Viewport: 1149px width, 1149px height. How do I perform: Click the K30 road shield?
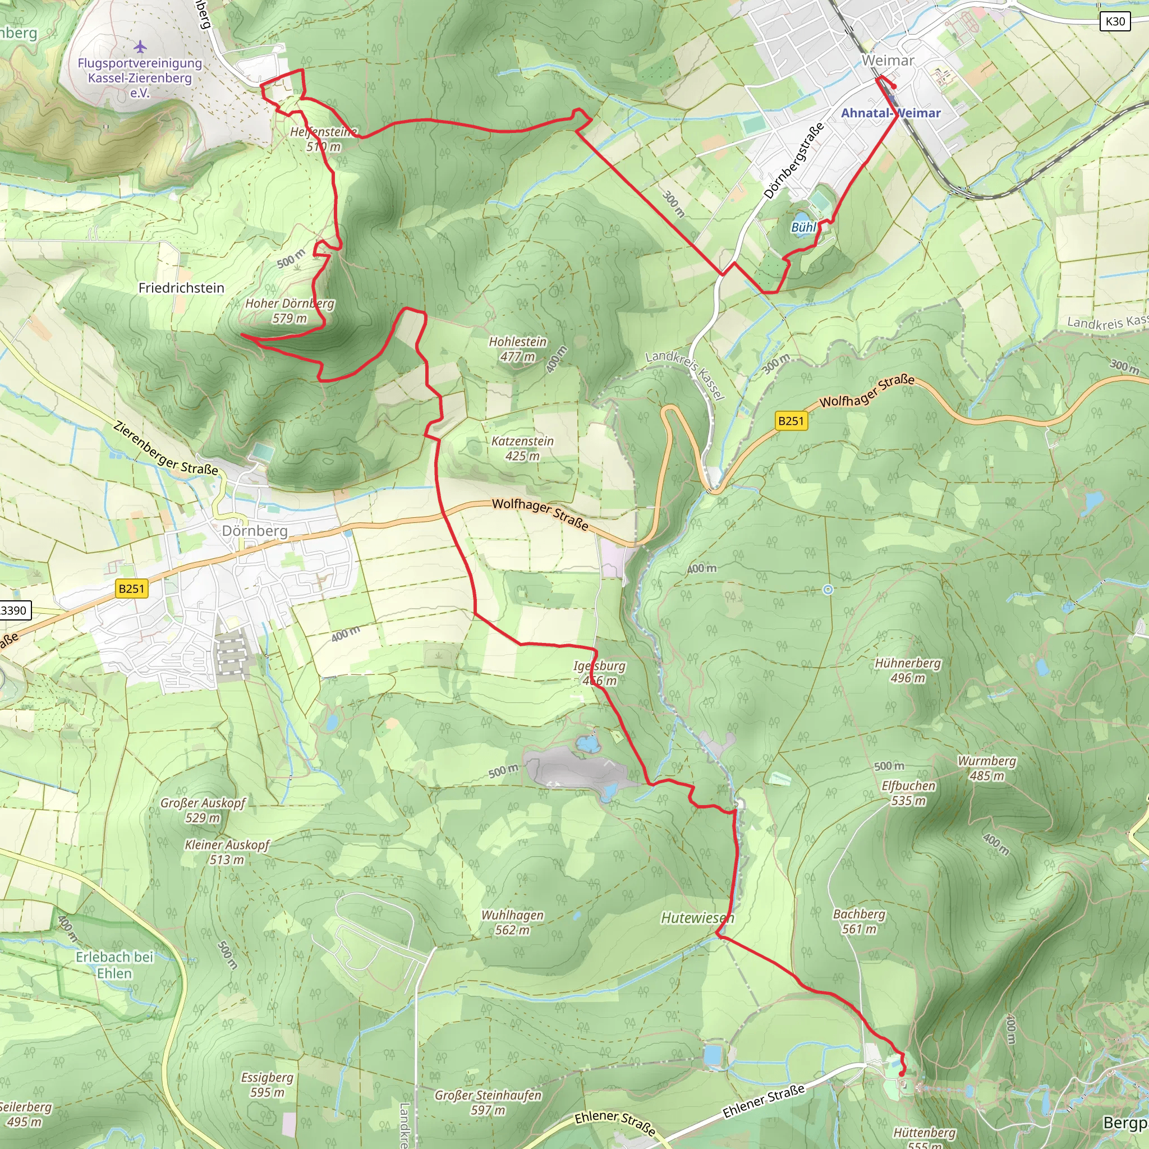(x=1115, y=22)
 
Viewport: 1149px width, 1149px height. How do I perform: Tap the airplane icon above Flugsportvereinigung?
(x=140, y=46)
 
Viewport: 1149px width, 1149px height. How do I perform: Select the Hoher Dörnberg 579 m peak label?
(x=289, y=311)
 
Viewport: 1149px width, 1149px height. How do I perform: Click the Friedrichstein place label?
(x=181, y=288)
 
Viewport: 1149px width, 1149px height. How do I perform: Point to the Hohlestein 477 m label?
(x=517, y=349)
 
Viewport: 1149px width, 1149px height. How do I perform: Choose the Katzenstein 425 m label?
(x=522, y=448)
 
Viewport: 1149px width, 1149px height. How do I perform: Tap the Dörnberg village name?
(x=255, y=531)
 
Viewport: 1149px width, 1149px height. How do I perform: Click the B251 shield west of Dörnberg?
(x=131, y=589)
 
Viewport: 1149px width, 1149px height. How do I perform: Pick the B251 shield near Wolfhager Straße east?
(x=791, y=421)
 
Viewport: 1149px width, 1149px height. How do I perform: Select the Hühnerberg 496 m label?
(x=908, y=670)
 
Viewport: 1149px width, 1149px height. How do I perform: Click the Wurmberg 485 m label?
(x=987, y=768)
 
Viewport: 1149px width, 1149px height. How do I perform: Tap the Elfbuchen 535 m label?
(x=908, y=793)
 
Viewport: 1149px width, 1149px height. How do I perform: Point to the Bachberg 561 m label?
(x=859, y=921)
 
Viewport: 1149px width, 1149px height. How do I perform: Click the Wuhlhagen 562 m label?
(x=512, y=922)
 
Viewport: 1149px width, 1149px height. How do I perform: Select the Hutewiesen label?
(x=697, y=918)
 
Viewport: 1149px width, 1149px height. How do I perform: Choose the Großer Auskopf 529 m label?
(x=203, y=810)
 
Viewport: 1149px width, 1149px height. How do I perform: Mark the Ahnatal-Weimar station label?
(x=890, y=113)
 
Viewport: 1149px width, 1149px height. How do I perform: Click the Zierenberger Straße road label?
(x=166, y=448)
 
